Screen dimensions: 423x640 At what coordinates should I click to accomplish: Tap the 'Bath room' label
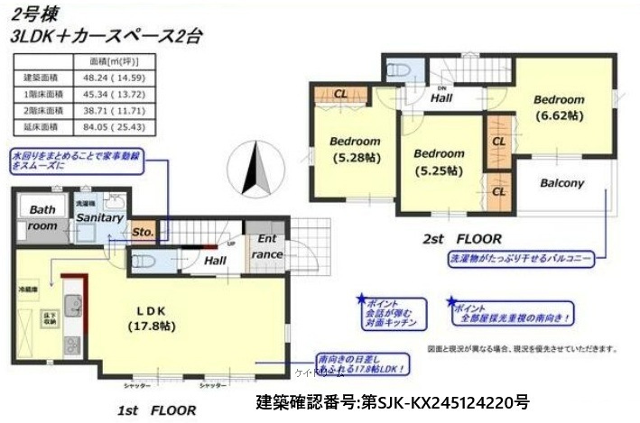pos(42,217)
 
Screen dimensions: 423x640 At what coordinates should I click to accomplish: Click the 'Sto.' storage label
pos(143,232)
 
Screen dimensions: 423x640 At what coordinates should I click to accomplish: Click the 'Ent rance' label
pos(268,246)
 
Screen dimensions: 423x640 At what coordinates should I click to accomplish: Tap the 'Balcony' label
pos(562,182)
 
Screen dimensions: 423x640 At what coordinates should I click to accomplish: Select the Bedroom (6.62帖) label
pos(558,107)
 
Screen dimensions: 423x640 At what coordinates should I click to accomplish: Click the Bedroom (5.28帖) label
pos(355,149)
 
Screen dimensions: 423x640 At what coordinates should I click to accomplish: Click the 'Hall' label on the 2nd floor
pos(441,97)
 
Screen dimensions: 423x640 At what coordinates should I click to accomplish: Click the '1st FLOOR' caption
pos(156,409)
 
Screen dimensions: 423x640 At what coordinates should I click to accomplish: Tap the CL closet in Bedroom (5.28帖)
pos(340,92)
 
